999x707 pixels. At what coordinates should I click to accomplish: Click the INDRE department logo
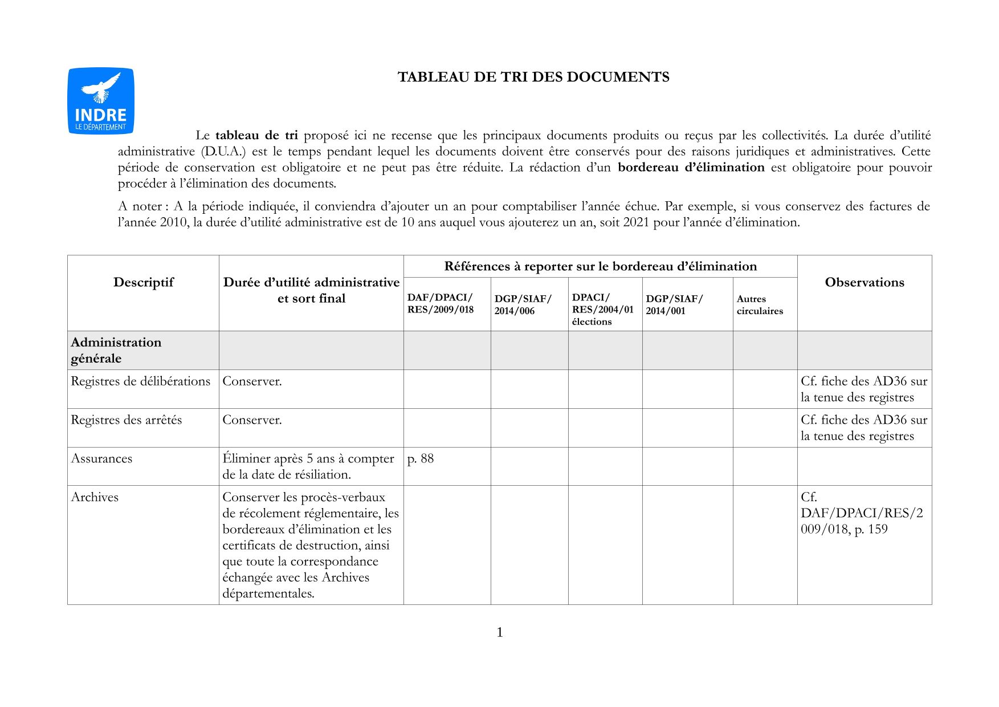pyautogui.click(x=101, y=101)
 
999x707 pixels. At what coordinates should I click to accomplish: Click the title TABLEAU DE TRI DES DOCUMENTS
pyautogui.click(x=533, y=77)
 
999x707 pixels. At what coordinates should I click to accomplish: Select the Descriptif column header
pyautogui.click(x=143, y=282)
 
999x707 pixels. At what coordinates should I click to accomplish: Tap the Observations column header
pyautogui.click(x=864, y=282)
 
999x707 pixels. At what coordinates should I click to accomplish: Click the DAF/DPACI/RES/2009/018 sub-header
pyautogui.click(x=440, y=304)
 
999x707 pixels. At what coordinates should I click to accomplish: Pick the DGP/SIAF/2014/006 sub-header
pyautogui.click(x=523, y=305)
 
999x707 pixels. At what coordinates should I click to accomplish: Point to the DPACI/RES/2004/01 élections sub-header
pyautogui.click(x=602, y=310)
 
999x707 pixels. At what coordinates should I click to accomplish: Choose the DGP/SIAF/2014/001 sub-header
pyautogui.click(x=674, y=305)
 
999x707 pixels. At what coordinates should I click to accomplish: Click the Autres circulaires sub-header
pyautogui.click(x=760, y=305)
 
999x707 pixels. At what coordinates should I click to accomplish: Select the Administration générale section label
pyautogui.click(x=116, y=350)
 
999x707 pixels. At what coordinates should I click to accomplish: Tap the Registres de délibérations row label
pyautogui.click(x=140, y=381)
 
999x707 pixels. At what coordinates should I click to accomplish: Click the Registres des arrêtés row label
pyautogui.click(x=126, y=420)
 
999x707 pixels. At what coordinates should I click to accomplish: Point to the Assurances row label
pyautogui.click(x=101, y=459)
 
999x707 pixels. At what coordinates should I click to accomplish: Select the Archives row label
pyautogui.click(x=95, y=497)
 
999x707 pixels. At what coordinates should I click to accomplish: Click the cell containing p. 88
pyautogui.click(x=421, y=459)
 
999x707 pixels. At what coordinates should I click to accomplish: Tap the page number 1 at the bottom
pyautogui.click(x=500, y=632)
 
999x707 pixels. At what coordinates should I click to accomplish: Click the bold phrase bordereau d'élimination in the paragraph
pyautogui.click(x=691, y=168)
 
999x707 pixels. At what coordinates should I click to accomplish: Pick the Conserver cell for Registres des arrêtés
pyautogui.click(x=252, y=420)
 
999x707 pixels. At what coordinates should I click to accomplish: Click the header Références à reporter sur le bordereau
pyautogui.click(x=600, y=266)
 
